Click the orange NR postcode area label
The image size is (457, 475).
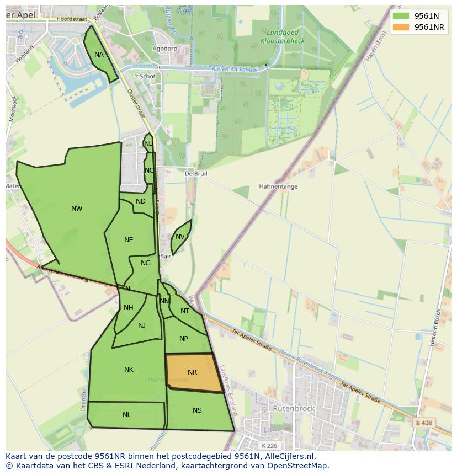point(192,372)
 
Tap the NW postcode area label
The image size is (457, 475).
point(77,209)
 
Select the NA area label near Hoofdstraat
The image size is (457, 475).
point(99,55)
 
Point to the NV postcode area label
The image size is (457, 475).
point(180,237)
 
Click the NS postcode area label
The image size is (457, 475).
point(197,410)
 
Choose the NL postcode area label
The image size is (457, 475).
point(127,415)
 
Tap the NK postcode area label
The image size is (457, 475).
point(129,370)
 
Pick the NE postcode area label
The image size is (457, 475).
point(129,240)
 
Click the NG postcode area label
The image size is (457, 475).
point(146,263)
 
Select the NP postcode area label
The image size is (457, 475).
point(184,339)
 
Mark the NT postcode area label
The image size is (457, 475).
point(185,311)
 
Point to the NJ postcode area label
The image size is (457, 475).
point(142,325)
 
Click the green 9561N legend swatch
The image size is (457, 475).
point(401,16)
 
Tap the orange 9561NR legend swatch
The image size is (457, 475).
point(401,27)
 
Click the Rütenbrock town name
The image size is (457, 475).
point(294,409)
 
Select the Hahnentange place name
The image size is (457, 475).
point(278,186)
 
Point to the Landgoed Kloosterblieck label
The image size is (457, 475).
point(282,37)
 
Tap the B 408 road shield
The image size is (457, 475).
point(423,423)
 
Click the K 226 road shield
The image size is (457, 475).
point(270,445)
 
